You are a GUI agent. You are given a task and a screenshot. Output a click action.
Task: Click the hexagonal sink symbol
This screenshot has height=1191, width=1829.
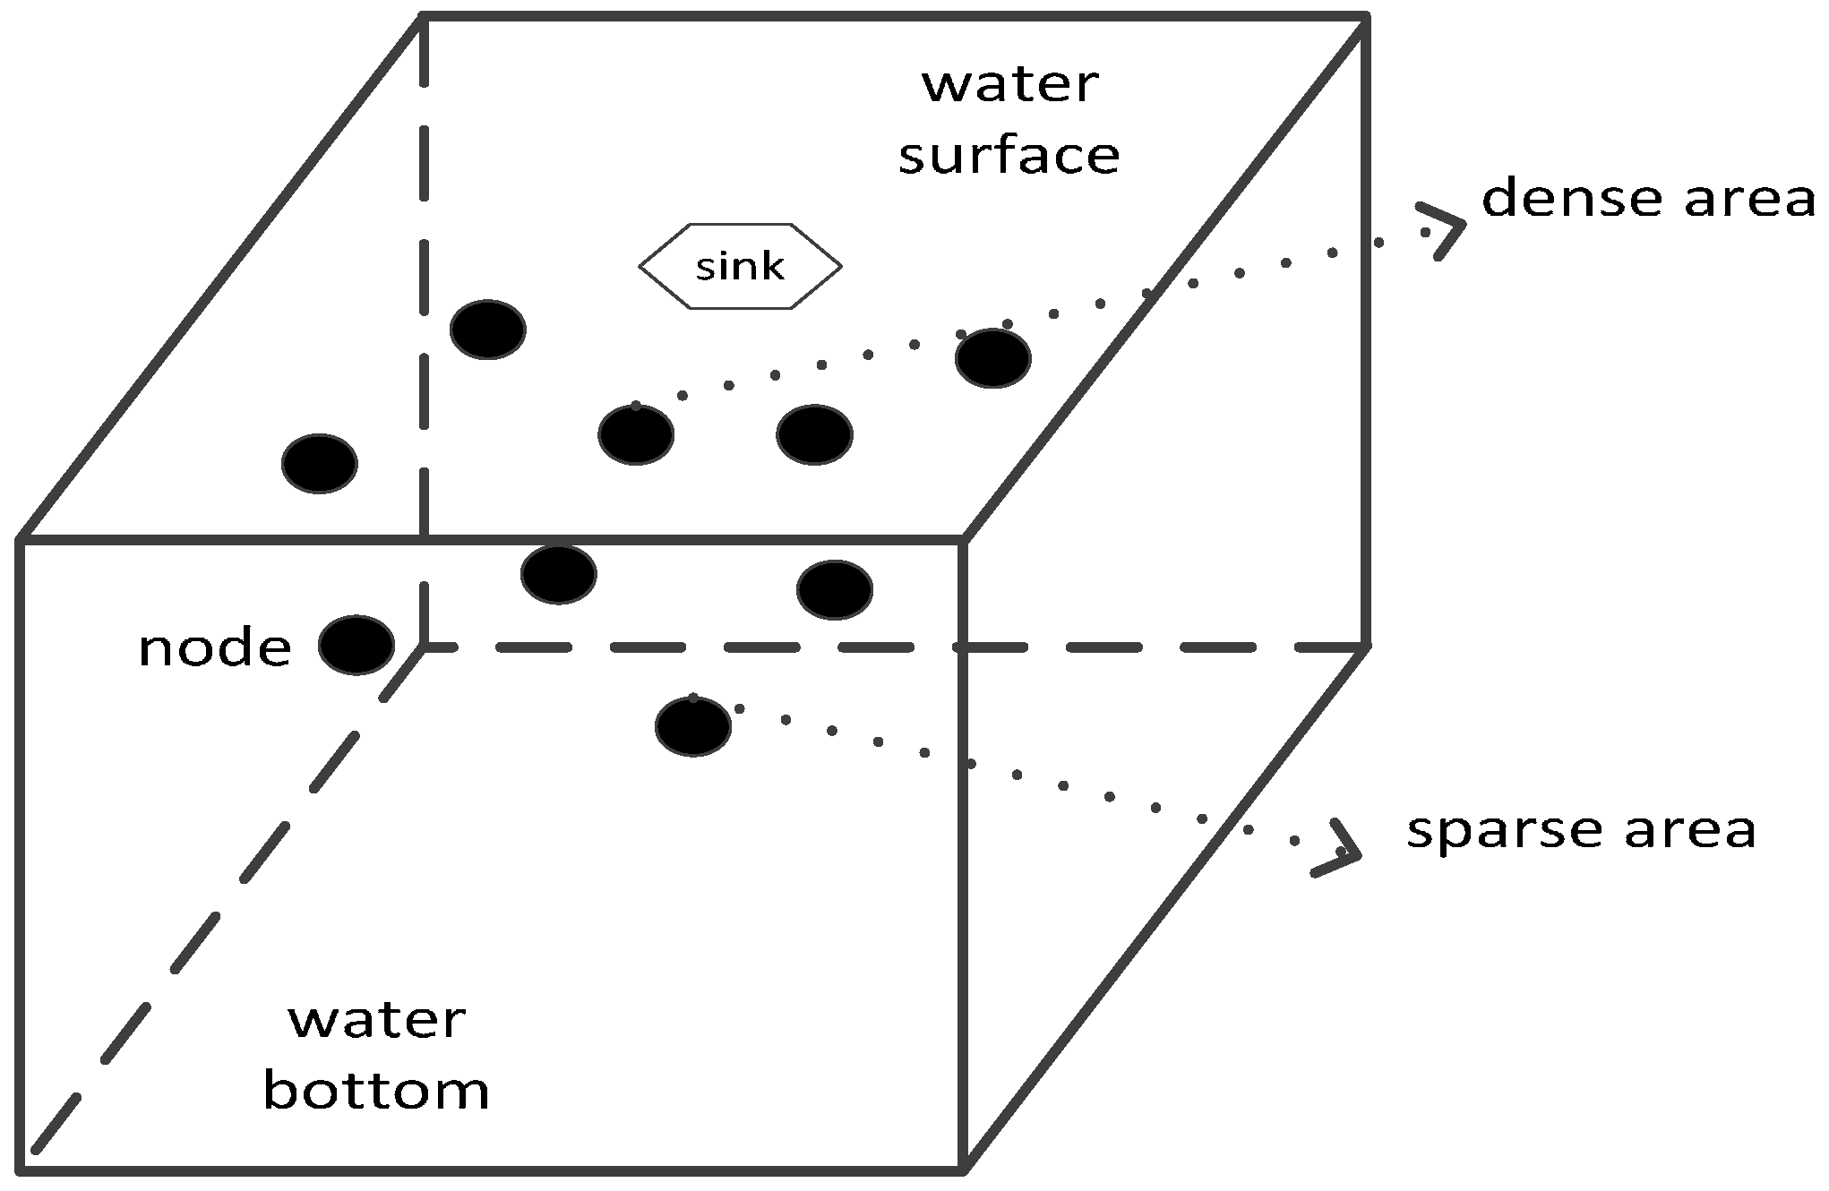(740, 266)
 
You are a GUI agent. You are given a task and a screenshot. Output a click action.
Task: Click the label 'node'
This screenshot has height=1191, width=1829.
(215, 647)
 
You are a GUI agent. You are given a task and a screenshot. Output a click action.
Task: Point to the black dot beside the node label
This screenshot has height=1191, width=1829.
(356, 645)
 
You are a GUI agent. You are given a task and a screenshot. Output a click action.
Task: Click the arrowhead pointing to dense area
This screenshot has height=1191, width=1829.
(1444, 229)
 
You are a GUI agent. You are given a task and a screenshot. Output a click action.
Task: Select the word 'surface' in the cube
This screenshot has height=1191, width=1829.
(1009, 155)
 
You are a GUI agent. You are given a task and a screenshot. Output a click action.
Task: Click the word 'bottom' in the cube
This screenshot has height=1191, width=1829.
(376, 1091)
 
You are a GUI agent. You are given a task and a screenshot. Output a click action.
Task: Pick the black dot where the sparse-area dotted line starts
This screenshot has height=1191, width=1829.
(693, 726)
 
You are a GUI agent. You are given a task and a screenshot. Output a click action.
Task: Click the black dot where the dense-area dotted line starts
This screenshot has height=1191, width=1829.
(636, 435)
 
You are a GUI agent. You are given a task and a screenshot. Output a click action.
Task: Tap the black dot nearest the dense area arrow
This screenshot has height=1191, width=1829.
(993, 358)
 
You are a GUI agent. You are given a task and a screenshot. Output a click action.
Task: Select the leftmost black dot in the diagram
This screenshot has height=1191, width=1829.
(320, 464)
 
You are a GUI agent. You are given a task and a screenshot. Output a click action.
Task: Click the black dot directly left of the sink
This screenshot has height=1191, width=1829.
(488, 330)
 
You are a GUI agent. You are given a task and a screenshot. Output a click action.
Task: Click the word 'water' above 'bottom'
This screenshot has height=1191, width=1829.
(376, 1021)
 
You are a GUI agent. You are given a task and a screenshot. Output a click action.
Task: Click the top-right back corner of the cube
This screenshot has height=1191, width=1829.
(1366, 15)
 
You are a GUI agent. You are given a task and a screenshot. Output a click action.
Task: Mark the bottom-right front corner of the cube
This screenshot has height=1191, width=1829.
(963, 1168)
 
